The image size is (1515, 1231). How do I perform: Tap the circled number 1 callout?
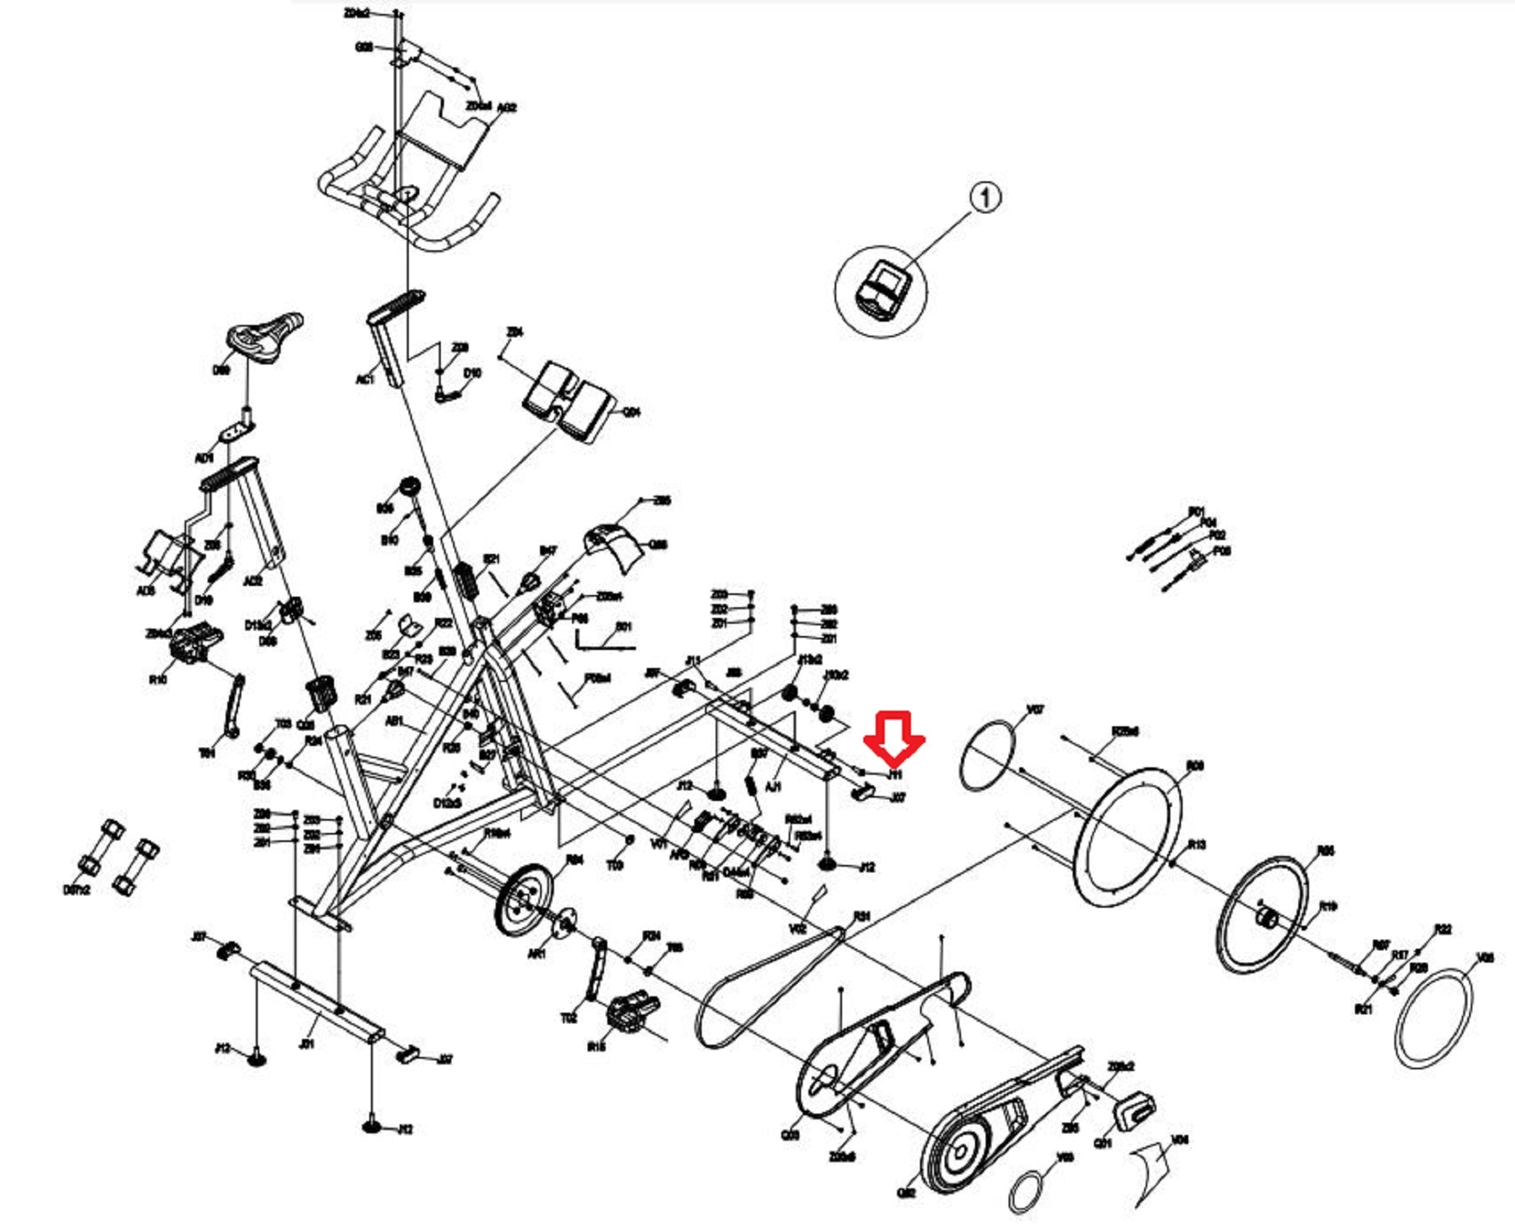click(986, 197)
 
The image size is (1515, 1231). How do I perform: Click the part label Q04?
click(632, 412)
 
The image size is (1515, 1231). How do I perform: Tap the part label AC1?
click(365, 379)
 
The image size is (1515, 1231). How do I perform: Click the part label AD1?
click(204, 457)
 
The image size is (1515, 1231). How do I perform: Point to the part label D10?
click(472, 373)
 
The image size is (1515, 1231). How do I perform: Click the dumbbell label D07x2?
click(76, 890)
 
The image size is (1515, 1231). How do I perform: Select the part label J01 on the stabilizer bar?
click(306, 1044)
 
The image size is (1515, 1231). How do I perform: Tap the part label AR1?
click(537, 954)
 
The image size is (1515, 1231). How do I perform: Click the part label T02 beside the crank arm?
click(569, 1018)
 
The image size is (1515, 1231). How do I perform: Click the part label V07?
click(1036, 709)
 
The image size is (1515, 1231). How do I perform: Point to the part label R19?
click(1328, 906)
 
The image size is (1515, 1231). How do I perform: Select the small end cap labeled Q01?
click(1133, 1110)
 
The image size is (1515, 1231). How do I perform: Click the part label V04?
click(1180, 1139)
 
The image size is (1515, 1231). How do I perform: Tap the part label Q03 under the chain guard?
click(790, 1135)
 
